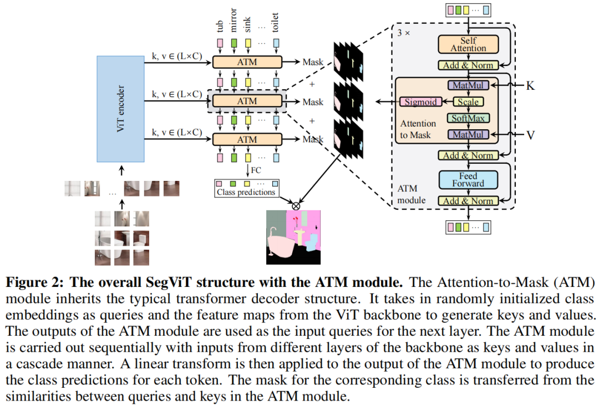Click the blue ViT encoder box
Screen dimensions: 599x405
120,109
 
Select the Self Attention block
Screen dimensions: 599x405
468,44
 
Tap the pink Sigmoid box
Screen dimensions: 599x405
420,102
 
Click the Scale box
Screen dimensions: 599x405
468,102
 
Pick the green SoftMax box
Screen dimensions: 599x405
468,118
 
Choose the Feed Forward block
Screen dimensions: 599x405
468,180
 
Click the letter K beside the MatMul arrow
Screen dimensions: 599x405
530,85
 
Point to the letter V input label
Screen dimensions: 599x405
530,135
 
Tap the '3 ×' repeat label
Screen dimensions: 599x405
403,33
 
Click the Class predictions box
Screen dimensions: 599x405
246,188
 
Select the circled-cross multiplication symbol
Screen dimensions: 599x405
296,206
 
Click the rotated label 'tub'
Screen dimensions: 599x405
220,26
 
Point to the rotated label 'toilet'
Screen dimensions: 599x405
275,23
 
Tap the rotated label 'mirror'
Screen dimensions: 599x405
233,20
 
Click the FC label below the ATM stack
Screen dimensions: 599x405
256,170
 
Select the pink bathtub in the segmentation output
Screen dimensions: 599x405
281,244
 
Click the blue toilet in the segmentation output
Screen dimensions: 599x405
312,242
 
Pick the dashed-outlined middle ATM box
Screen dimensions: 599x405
247,101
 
